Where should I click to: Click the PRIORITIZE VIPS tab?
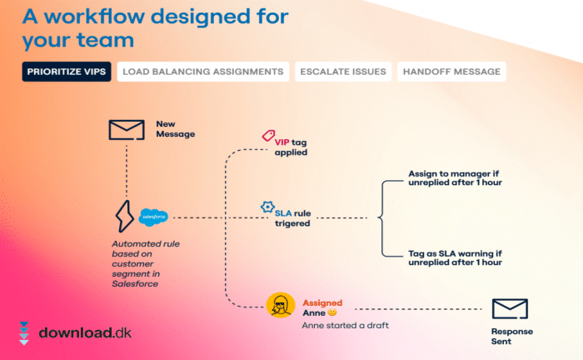(x=67, y=72)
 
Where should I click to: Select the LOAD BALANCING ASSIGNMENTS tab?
(x=203, y=72)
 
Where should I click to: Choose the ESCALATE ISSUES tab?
(x=342, y=72)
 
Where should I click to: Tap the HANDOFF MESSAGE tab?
(x=451, y=72)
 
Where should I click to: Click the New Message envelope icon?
(x=126, y=129)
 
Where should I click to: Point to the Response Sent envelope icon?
(x=510, y=309)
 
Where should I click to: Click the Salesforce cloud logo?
(x=154, y=217)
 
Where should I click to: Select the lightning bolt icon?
(x=126, y=217)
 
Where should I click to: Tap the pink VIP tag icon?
(x=268, y=135)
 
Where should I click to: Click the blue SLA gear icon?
(x=267, y=206)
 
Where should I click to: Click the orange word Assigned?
(x=321, y=302)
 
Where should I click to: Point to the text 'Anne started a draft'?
(x=345, y=325)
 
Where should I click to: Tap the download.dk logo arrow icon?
(x=23, y=333)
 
